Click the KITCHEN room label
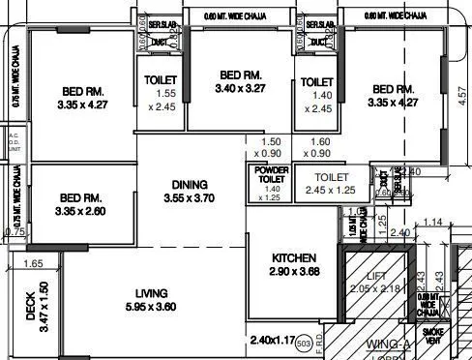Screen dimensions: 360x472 (x=294, y=258)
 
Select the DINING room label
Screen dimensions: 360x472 (x=190, y=184)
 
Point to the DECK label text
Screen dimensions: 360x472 (x=30, y=315)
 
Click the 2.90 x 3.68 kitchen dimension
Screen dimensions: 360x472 (x=294, y=274)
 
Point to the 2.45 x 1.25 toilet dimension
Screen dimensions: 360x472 (x=331, y=192)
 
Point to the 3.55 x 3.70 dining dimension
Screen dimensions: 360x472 (x=190, y=199)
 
